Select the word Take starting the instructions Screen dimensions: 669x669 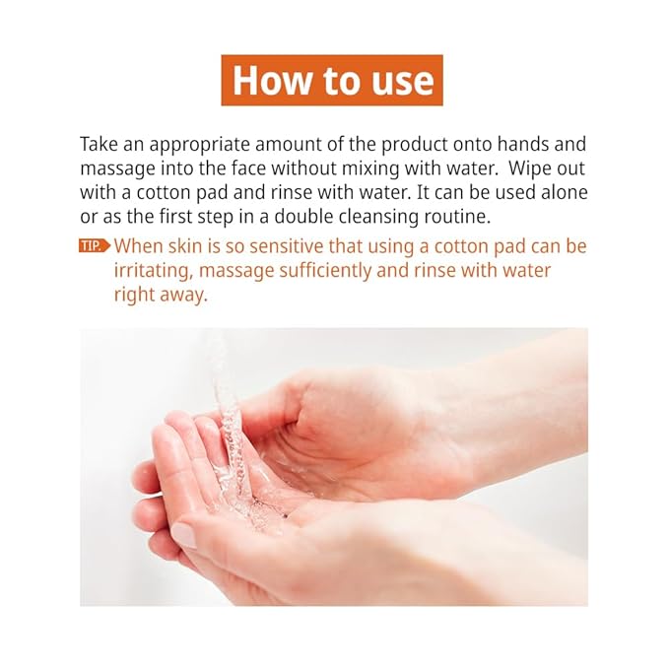100,144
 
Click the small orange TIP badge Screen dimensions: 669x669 95,246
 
